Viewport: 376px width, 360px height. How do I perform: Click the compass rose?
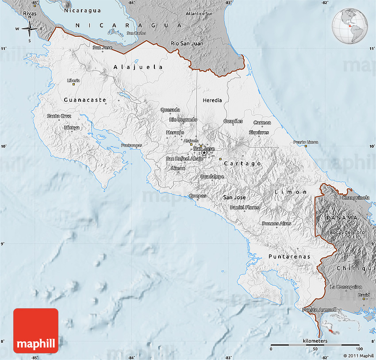click(30, 29)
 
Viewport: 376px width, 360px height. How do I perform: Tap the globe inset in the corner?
click(349, 26)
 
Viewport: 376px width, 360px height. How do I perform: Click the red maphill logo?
click(36, 331)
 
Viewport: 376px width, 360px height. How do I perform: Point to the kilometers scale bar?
click(315, 345)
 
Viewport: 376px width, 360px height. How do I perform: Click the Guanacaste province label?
click(85, 100)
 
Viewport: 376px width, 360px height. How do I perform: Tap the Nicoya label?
click(72, 128)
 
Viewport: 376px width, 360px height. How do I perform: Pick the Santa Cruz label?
click(59, 116)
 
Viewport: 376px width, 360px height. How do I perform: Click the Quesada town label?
click(170, 110)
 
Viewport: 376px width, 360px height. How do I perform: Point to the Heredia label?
click(212, 100)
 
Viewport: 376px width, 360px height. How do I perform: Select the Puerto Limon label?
click(306, 142)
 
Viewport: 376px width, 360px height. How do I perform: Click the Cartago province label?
click(243, 164)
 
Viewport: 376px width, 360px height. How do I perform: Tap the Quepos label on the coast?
click(197, 196)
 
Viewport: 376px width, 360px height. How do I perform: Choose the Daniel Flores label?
click(245, 207)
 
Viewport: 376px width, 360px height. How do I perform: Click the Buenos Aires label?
click(276, 223)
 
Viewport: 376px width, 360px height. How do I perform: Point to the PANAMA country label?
click(342, 218)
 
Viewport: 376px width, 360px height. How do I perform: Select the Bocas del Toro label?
click(347, 232)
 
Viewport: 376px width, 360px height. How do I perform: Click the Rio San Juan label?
click(187, 43)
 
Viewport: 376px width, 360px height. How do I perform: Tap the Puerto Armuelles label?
click(322, 310)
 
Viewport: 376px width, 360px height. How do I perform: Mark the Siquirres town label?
click(259, 132)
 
